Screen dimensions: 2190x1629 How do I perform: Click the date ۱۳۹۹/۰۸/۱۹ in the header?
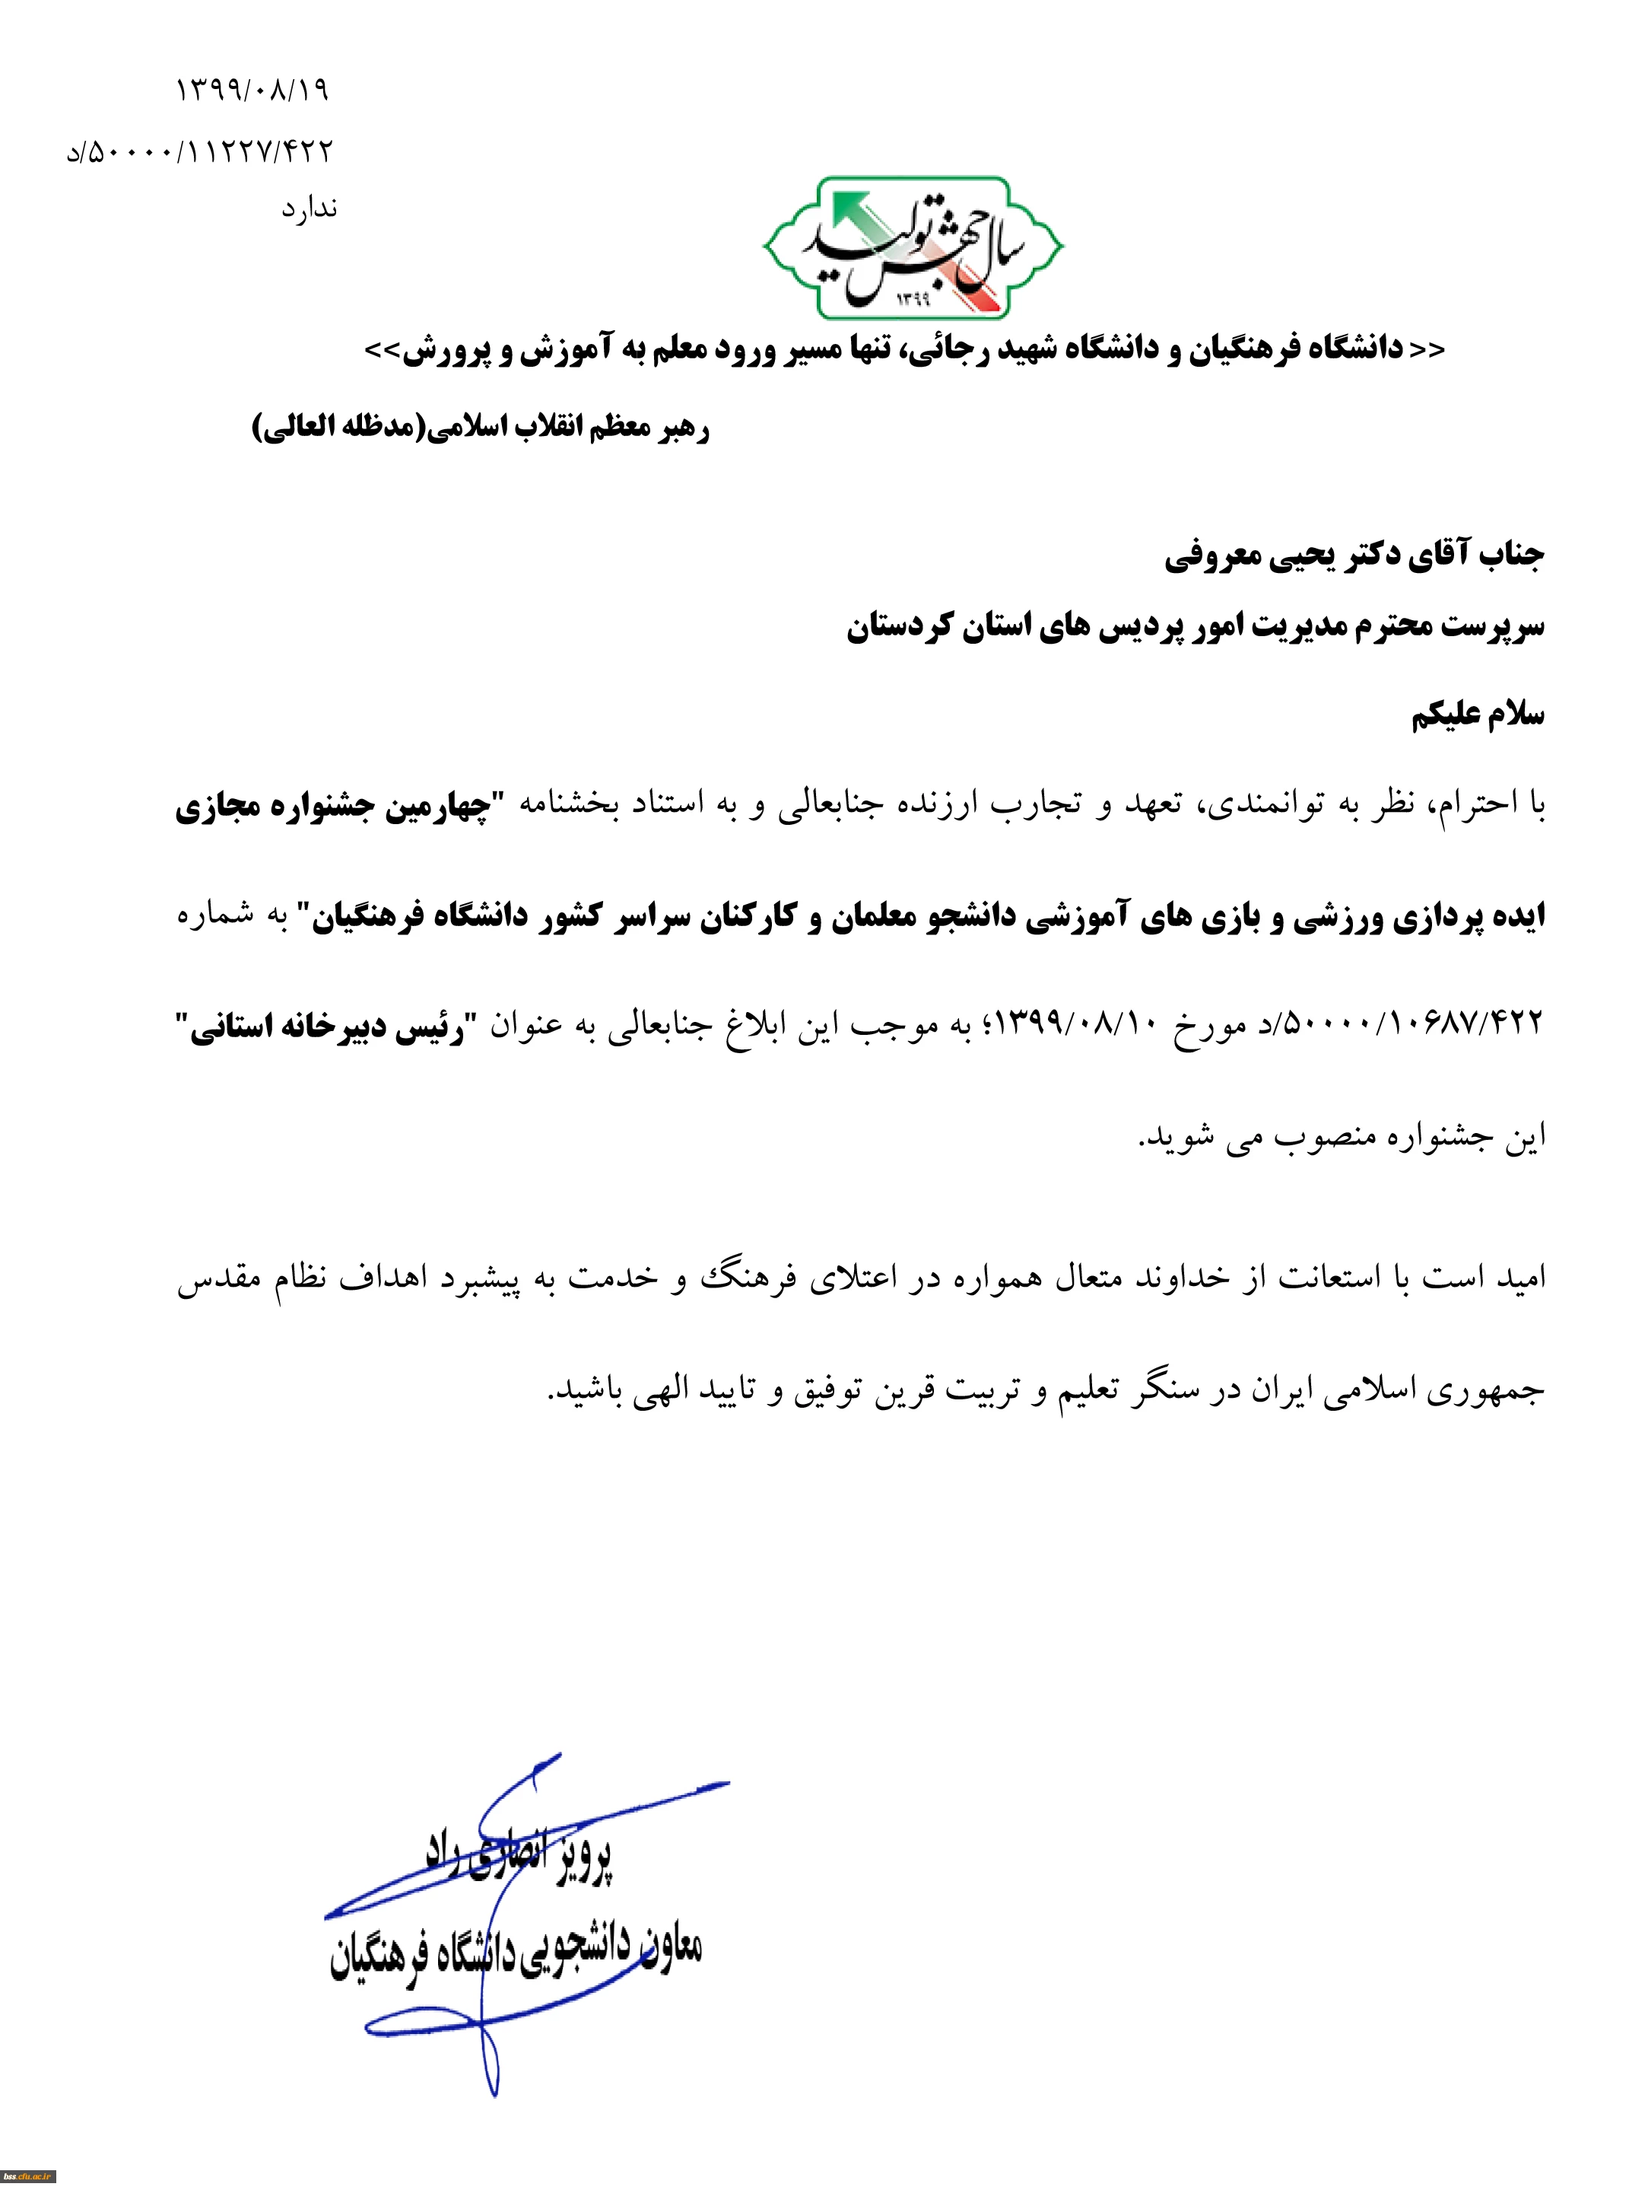tap(252, 90)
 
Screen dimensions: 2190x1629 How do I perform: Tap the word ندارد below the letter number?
tap(309, 208)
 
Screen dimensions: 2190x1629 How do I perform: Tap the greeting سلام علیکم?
tap(1476, 715)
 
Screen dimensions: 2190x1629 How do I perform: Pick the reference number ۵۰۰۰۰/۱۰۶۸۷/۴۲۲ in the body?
tap(1409, 1024)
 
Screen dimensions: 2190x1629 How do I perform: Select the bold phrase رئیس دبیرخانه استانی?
tap(325, 1026)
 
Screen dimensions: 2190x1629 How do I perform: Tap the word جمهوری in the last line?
tap(1489, 1390)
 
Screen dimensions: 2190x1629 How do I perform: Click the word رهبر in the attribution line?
tap(684, 428)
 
